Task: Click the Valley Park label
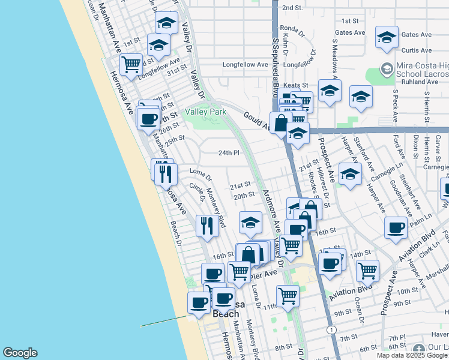point(205,112)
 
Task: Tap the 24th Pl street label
point(229,153)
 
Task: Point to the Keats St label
point(295,86)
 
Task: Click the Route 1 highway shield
point(331,330)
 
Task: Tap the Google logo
point(20,353)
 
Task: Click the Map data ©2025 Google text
point(411,355)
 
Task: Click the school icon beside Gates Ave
point(387,36)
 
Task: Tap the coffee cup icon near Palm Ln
point(396,228)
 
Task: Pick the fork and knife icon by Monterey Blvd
point(206,225)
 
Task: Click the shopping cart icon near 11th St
point(288,295)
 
